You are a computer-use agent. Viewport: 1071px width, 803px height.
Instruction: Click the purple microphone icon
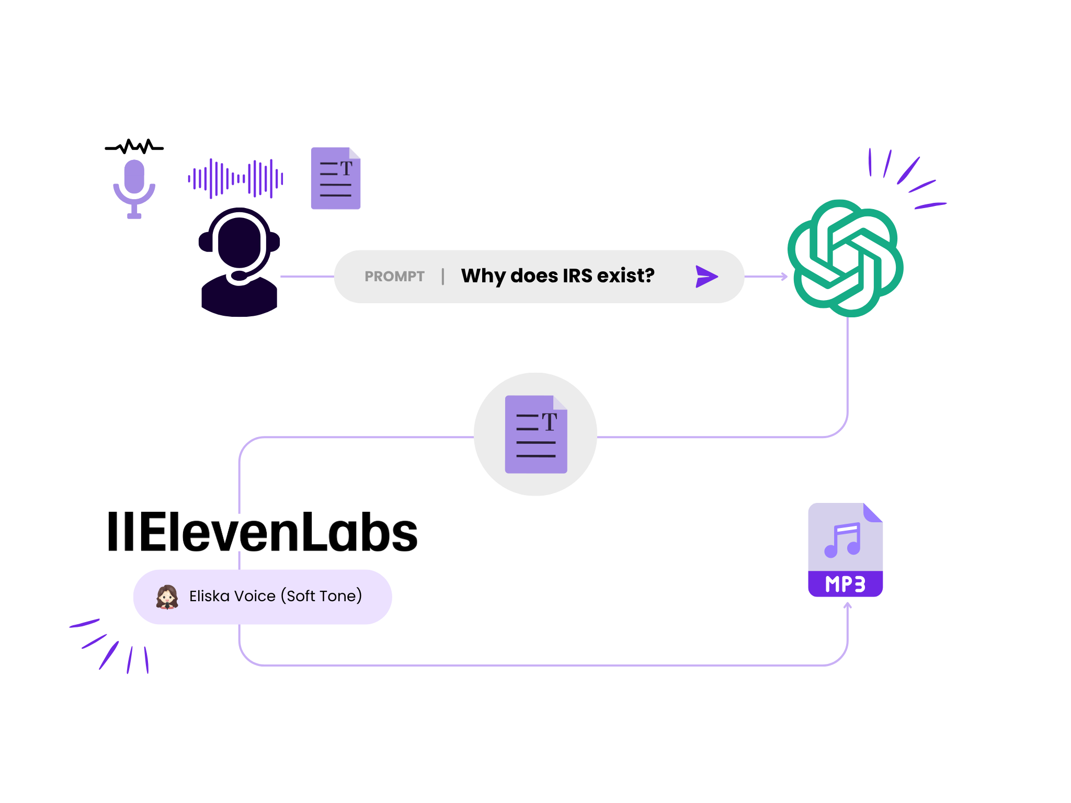(134, 188)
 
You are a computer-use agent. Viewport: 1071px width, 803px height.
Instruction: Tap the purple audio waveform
(236, 179)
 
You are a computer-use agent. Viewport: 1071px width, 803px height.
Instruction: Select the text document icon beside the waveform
(336, 178)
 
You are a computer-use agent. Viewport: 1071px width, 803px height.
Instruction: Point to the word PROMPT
(394, 277)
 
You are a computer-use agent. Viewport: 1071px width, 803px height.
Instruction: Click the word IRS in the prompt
(577, 276)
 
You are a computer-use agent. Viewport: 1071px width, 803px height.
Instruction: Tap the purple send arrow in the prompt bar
(707, 277)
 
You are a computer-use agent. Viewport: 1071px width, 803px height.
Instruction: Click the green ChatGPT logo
(846, 258)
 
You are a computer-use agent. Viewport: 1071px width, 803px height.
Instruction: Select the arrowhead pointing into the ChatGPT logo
(784, 277)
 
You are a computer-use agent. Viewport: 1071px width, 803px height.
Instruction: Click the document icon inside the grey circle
(536, 434)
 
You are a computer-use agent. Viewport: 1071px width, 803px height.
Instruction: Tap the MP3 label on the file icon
(845, 584)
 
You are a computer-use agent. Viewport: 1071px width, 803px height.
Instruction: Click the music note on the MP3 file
(842, 540)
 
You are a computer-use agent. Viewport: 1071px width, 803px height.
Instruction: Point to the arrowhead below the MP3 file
(848, 606)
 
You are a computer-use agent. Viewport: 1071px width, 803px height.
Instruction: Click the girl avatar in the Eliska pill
(167, 596)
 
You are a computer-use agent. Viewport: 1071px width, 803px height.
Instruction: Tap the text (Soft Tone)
(322, 596)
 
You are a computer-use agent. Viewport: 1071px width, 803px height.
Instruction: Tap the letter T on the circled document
(550, 421)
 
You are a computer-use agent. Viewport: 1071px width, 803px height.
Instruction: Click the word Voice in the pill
(255, 596)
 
